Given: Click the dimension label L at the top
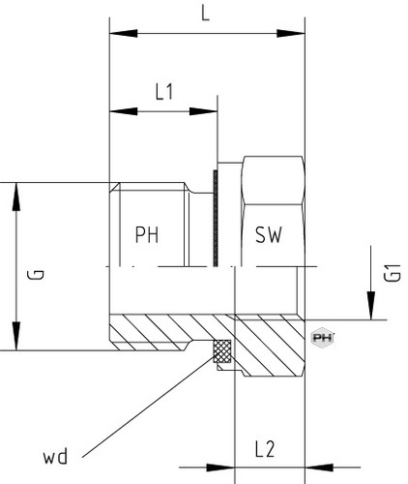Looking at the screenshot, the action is click(x=205, y=14).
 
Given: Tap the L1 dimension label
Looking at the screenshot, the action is click(x=164, y=92).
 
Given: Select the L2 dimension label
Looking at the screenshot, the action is click(x=265, y=449).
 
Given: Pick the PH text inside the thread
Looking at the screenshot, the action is click(x=147, y=235).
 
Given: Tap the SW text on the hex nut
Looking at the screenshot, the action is click(x=269, y=235).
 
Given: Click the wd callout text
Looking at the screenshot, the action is click(x=55, y=456).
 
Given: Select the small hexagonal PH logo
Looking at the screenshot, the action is click(x=322, y=338).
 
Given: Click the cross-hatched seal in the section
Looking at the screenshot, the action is click(x=221, y=350).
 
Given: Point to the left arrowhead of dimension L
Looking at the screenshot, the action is click(x=124, y=33).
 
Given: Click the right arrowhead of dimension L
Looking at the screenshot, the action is click(x=291, y=33).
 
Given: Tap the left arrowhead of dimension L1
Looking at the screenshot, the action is click(x=124, y=111).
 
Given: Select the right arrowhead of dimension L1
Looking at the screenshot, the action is click(x=203, y=111).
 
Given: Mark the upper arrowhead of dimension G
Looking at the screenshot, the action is click(x=16, y=197).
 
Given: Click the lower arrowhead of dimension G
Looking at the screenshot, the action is click(x=16, y=336).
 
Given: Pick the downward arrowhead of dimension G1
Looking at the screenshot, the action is click(x=371, y=306).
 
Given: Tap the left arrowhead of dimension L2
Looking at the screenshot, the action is click(x=220, y=467).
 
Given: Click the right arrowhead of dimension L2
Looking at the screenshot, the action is click(x=319, y=467).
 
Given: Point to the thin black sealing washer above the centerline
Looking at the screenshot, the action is click(x=216, y=218).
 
